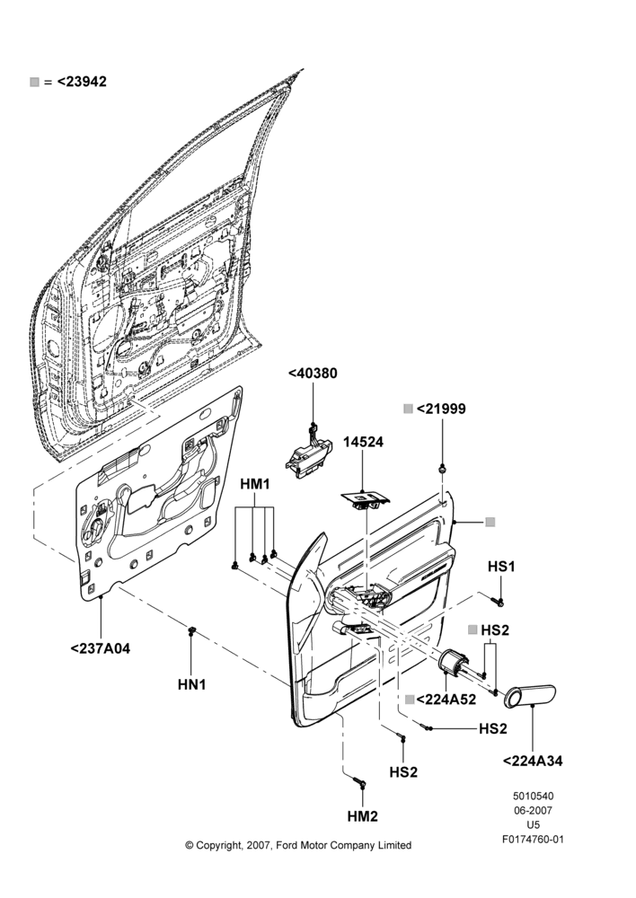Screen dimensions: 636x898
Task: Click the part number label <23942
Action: (x=82, y=82)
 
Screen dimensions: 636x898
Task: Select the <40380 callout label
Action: (x=313, y=374)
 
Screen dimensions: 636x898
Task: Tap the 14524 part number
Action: (x=363, y=442)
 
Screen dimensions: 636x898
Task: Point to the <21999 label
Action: (x=441, y=409)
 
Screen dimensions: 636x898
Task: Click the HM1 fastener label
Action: (x=255, y=484)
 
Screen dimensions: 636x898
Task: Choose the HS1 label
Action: (x=501, y=567)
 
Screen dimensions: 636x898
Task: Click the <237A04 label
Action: (x=101, y=649)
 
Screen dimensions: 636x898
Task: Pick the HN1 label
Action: (x=191, y=684)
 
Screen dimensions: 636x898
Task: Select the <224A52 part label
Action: (x=446, y=700)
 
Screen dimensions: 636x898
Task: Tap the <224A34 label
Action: (x=533, y=762)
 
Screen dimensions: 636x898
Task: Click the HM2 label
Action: (x=363, y=816)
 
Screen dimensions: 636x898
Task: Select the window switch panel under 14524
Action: (x=365, y=498)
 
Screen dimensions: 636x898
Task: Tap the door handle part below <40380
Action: (x=308, y=454)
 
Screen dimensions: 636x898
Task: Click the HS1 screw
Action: (x=498, y=601)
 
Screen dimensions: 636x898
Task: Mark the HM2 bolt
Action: (x=359, y=780)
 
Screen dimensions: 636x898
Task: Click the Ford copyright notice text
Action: (x=298, y=845)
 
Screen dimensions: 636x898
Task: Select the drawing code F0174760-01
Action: (x=533, y=840)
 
